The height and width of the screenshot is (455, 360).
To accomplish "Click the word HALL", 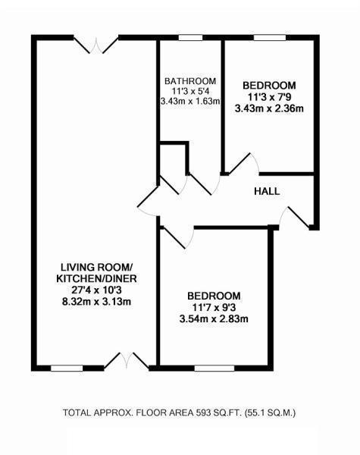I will (267, 191).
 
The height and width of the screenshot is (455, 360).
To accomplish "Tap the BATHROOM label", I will (190, 81).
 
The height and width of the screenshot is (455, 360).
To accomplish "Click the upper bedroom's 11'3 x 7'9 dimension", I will (269, 96).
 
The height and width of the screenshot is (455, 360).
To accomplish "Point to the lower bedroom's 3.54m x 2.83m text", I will (214, 318).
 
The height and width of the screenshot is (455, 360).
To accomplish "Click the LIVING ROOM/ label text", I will (97, 267).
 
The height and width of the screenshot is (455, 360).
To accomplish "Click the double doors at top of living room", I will (99, 44).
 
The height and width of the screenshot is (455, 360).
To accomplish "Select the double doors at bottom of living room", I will (126, 361).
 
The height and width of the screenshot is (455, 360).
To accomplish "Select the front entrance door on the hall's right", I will (296, 216).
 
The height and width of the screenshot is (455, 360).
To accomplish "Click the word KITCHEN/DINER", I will (97, 278).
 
